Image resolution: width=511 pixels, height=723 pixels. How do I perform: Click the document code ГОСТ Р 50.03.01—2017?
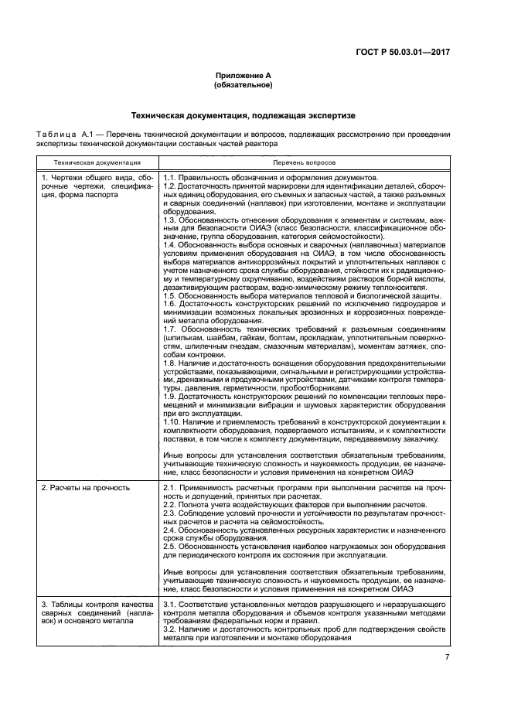(407, 53)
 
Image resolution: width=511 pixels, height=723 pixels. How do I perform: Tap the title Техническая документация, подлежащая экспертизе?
(243, 115)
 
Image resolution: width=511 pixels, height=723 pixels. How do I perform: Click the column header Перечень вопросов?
(304, 163)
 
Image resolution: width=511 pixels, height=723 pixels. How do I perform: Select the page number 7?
(447, 657)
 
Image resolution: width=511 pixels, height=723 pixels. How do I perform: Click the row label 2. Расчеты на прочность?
(86, 488)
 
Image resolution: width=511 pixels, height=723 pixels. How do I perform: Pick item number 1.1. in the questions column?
(172, 178)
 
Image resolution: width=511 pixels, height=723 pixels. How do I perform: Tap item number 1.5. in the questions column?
(172, 297)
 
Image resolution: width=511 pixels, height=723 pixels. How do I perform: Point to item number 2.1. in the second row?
(172, 488)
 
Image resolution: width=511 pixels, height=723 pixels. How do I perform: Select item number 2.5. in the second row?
(172, 546)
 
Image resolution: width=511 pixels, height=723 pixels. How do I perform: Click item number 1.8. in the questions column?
(172, 362)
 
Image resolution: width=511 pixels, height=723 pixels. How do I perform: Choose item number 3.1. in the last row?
(172, 602)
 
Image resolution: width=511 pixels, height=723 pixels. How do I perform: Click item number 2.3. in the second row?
(172, 513)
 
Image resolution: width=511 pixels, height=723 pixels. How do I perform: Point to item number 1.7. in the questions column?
(172, 329)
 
